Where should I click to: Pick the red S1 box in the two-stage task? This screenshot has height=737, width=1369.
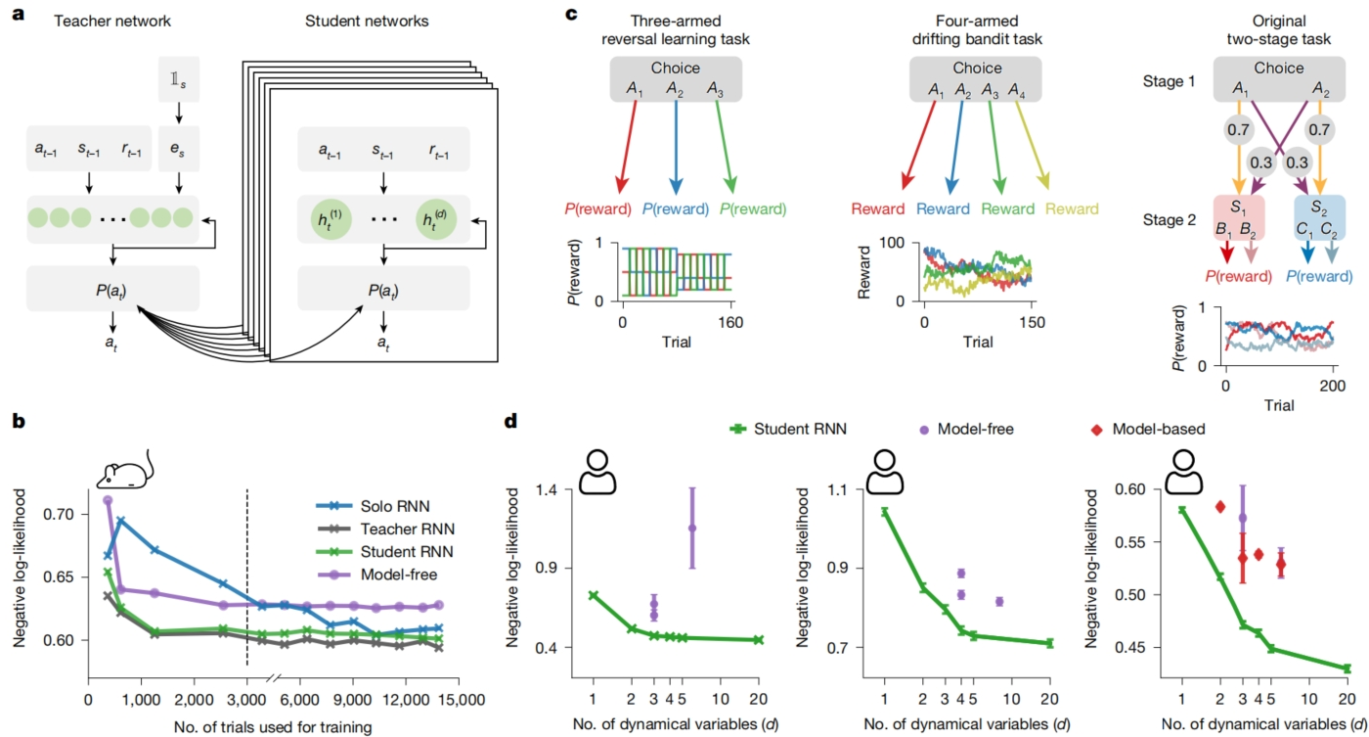point(1239,218)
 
